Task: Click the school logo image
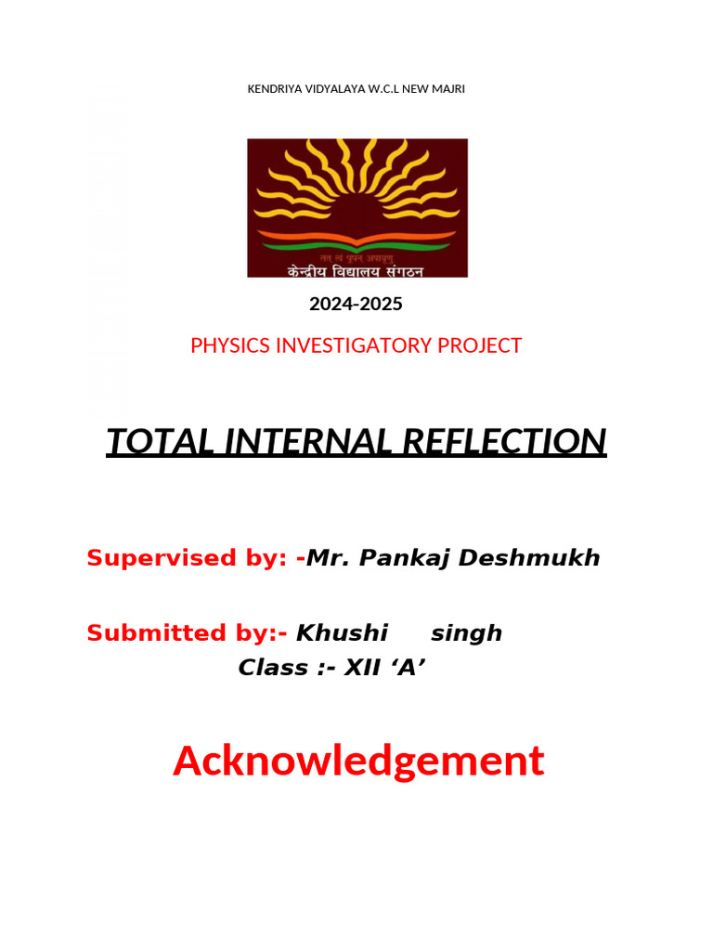click(357, 207)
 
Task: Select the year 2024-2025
click(356, 304)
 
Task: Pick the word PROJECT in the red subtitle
click(484, 346)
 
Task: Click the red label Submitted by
click(186, 633)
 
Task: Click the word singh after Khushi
click(466, 633)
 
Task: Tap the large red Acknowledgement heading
click(357, 762)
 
